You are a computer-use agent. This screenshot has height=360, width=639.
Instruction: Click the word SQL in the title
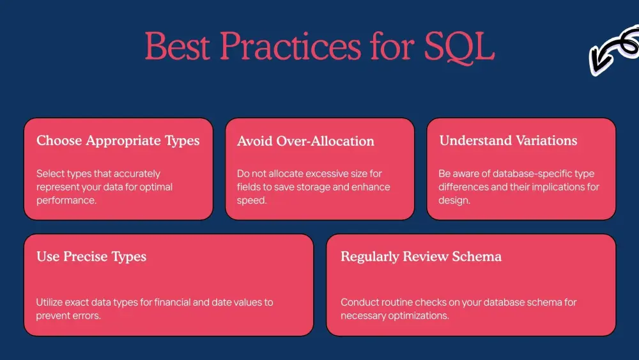tap(459, 47)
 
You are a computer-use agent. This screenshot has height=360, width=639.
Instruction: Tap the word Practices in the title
tap(291, 46)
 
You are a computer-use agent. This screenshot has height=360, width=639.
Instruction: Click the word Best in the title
tap(178, 46)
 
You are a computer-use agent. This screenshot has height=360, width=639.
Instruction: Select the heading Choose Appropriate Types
tap(118, 141)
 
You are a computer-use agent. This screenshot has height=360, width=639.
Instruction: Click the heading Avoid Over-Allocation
tap(305, 141)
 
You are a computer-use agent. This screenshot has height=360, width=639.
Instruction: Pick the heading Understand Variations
tap(508, 141)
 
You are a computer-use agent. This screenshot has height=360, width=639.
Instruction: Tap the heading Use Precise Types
tap(91, 256)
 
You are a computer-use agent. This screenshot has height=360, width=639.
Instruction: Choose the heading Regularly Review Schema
tap(421, 256)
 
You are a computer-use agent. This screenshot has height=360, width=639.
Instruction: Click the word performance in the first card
tap(66, 201)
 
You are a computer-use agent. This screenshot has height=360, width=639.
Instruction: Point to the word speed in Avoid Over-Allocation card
tap(251, 201)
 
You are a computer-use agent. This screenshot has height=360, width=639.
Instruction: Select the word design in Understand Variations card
tap(454, 201)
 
